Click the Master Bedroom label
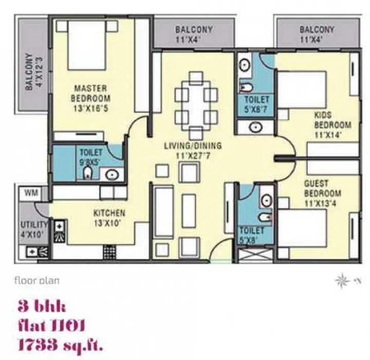(x=90, y=98)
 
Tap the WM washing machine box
(x=31, y=193)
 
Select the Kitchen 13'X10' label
(x=109, y=218)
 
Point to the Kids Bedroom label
(x=332, y=125)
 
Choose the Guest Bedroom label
(x=322, y=194)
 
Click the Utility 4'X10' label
(x=32, y=229)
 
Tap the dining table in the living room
(x=196, y=105)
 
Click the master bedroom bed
(x=87, y=45)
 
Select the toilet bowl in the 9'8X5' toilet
(x=88, y=173)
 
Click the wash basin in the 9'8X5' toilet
(x=112, y=174)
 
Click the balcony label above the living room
(x=194, y=34)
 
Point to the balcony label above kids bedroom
(x=317, y=34)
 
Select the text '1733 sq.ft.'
(x=61, y=345)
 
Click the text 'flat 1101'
(x=51, y=325)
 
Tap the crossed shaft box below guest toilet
(x=255, y=256)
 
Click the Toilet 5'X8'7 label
(x=256, y=104)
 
